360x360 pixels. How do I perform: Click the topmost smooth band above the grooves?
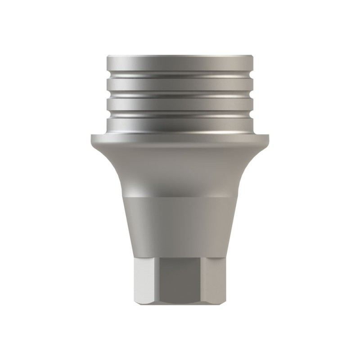(x=180, y=63)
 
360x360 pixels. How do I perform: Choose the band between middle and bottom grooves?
(x=180, y=105)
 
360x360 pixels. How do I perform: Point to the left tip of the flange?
(x=91, y=136)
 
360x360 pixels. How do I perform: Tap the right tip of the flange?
(x=269, y=136)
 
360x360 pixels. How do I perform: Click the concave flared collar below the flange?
(x=180, y=166)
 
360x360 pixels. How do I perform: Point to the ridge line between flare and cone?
(x=180, y=197)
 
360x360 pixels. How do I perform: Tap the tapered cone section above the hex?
(x=180, y=225)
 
